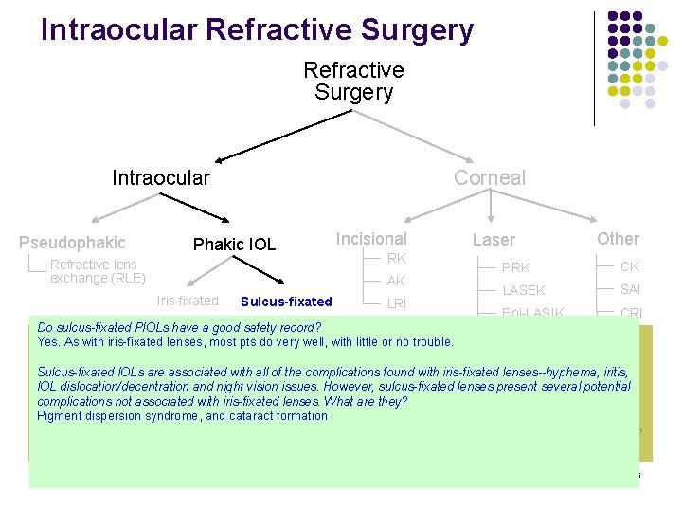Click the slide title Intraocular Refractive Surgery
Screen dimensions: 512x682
coord(257,29)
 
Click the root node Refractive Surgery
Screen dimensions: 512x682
coord(353,82)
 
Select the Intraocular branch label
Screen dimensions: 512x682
coord(161,177)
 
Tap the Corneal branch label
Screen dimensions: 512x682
coord(489,177)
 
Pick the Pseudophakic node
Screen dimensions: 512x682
coord(72,243)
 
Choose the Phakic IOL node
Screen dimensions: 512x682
coord(234,245)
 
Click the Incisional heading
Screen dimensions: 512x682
coord(371,239)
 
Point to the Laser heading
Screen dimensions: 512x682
coord(494,241)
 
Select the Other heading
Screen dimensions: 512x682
coord(618,239)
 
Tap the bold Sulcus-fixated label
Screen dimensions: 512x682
coord(286,302)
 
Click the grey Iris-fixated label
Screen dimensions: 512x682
coord(187,301)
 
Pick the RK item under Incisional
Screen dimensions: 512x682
coord(396,258)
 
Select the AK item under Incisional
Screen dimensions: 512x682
coord(396,281)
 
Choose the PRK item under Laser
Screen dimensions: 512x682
coord(516,267)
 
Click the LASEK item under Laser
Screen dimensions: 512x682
coord(524,290)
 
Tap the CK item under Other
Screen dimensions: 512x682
coord(630,266)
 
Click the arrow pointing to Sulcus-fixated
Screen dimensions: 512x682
coord(266,272)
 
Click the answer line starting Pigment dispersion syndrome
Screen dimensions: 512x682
coord(182,415)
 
